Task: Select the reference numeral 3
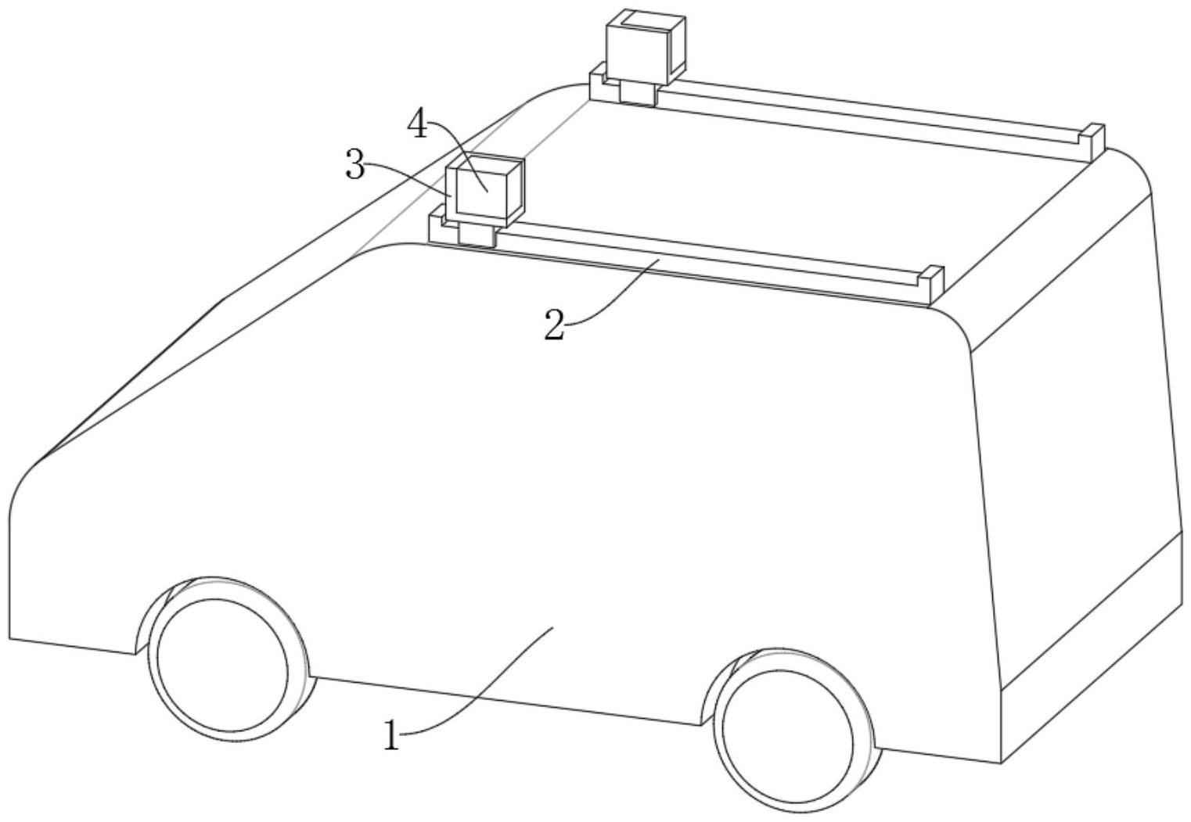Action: click(x=355, y=166)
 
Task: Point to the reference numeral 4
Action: click(x=420, y=124)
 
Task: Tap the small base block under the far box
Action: click(x=637, y=92)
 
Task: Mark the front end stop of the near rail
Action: click(x=437, y=227)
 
